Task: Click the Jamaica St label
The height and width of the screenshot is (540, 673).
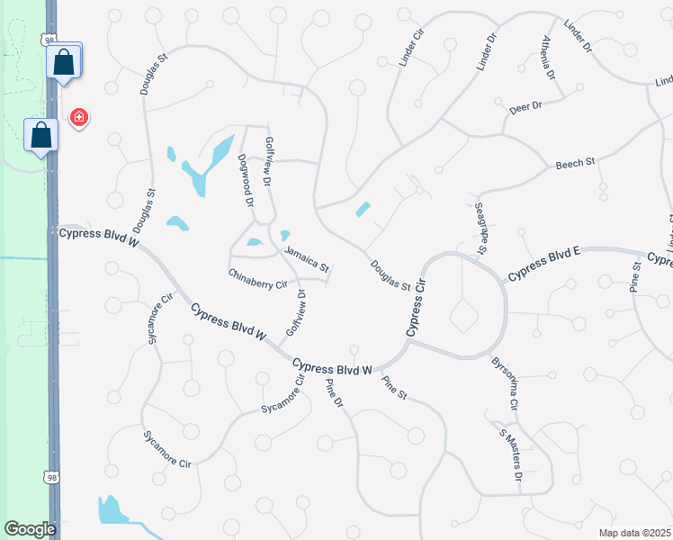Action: (x=308, y=259)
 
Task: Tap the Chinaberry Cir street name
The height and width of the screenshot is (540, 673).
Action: (x=257, y=277)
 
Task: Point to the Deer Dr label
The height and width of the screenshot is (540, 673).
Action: (x=525, y=106)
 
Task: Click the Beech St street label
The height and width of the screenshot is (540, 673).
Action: (x=576, y=164)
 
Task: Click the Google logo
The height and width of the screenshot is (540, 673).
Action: (x=30, y=529)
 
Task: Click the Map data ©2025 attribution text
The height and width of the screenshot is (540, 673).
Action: (x=633, y=533)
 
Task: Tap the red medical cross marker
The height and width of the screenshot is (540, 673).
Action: (x=79, y=117)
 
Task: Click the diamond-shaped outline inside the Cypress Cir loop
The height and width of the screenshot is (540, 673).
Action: (x=464, y=316)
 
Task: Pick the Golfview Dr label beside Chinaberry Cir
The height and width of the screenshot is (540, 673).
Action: (x=295, y=313)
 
